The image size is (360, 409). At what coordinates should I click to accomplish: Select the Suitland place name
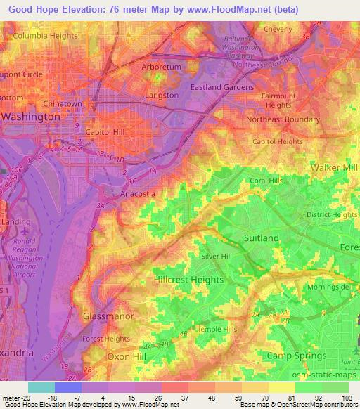click(x=261, y=238)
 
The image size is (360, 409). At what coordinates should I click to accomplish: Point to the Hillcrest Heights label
click(x=188, y=280)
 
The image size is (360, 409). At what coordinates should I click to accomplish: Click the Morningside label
click(x=326, y=287)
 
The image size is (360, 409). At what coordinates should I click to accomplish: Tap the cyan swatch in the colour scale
click(x=41, y=387)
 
